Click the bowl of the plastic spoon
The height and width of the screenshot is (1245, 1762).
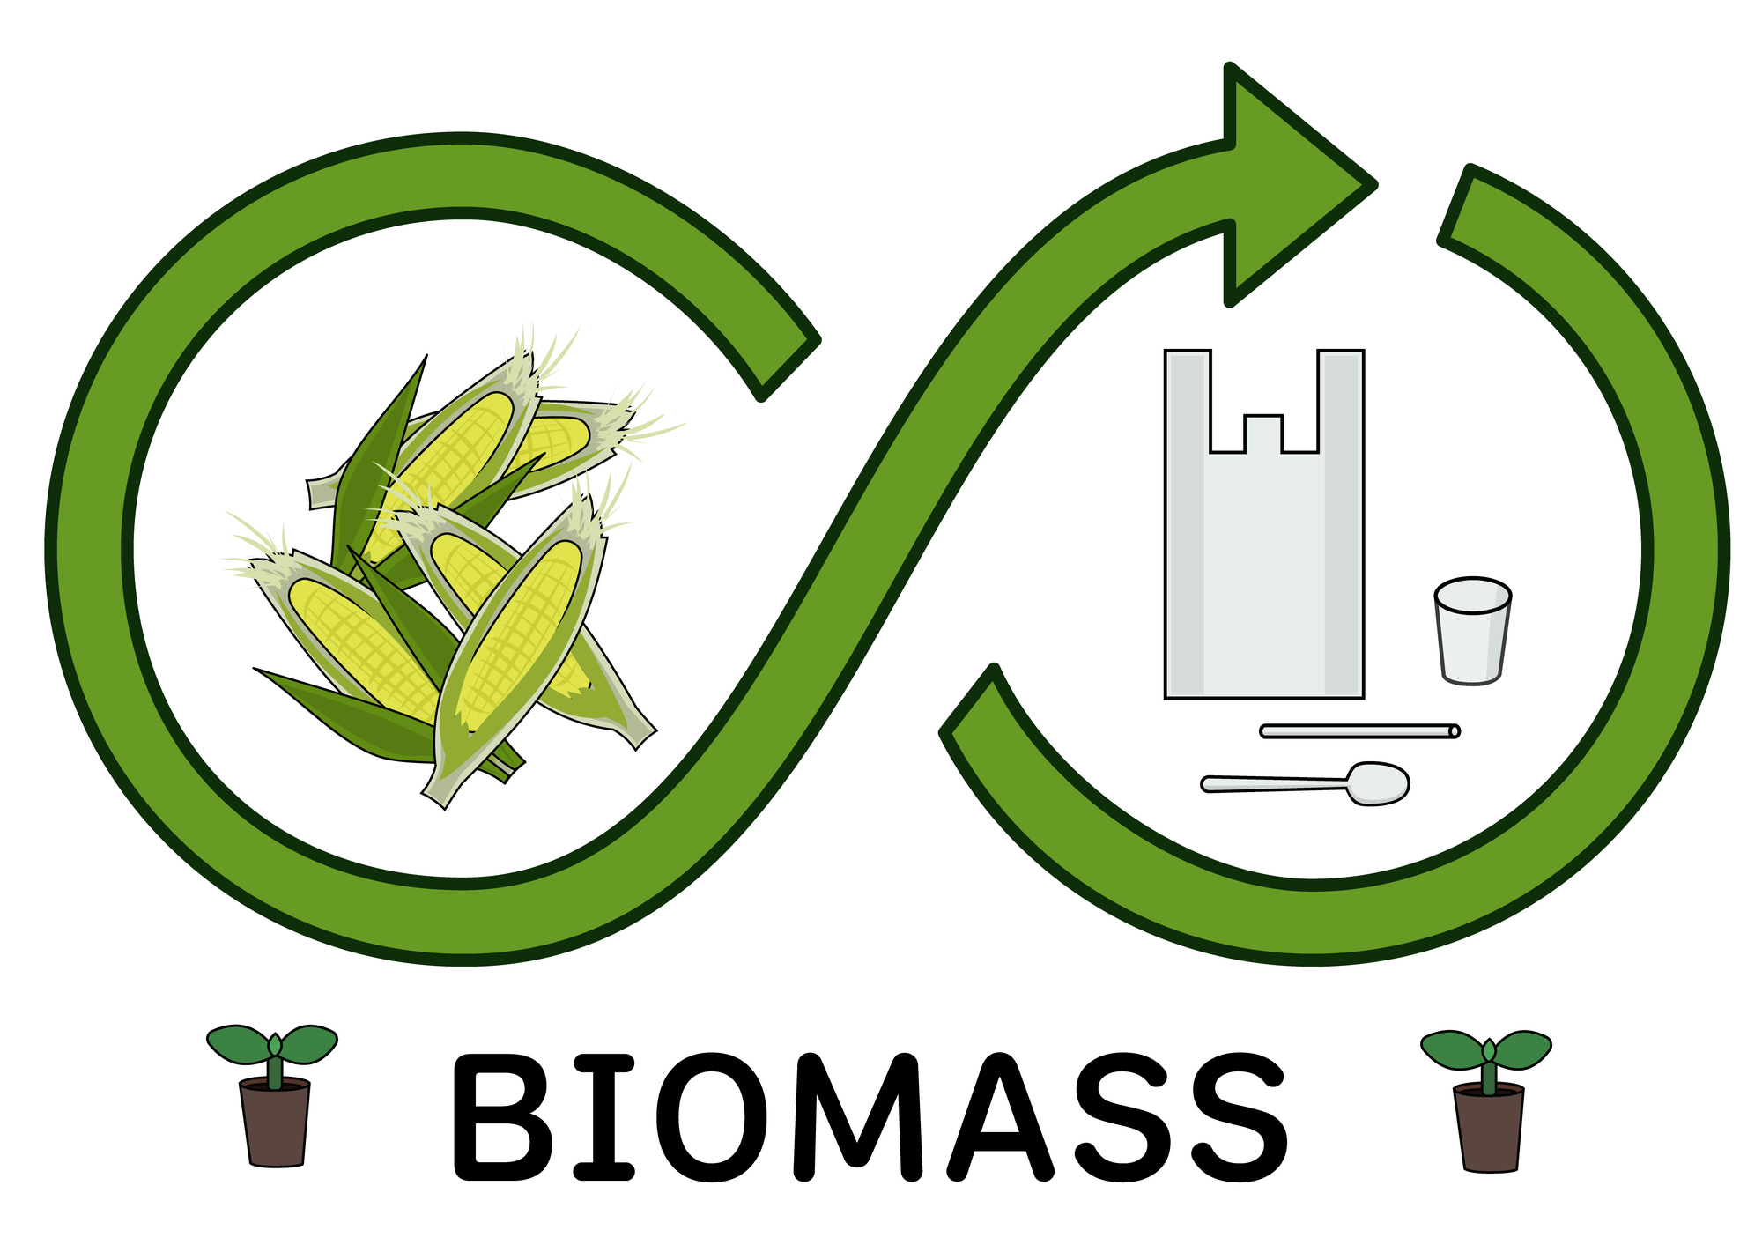(x=1379, y=782)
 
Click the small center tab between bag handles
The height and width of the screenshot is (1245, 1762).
(x=1262, y=433)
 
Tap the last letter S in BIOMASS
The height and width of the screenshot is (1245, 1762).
(x=1237, y=1116)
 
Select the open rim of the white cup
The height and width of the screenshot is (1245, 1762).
(x=1472, y=593)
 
